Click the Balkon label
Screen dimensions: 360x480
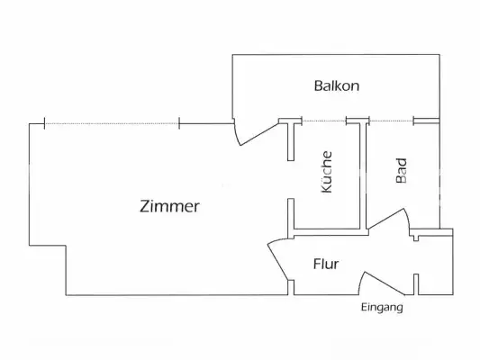tap(337, 86)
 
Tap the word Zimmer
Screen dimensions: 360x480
tap(169, 206)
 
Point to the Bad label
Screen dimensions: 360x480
tap(402, 171)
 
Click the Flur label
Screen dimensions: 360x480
tap(325, 265)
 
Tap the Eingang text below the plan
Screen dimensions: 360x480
tap(382, 308)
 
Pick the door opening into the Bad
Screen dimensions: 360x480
tap(392, 221)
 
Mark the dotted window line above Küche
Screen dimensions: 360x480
tap(322, 121)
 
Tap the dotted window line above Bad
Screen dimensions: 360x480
tap(392, 121)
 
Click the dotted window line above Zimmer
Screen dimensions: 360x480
tap(112, 123)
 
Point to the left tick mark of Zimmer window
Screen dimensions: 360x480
tap(44, 123)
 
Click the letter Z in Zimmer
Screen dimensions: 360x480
tap(145, 206)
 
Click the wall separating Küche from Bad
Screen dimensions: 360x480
tap(364, 175)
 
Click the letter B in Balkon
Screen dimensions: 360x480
tap(318, 86)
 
